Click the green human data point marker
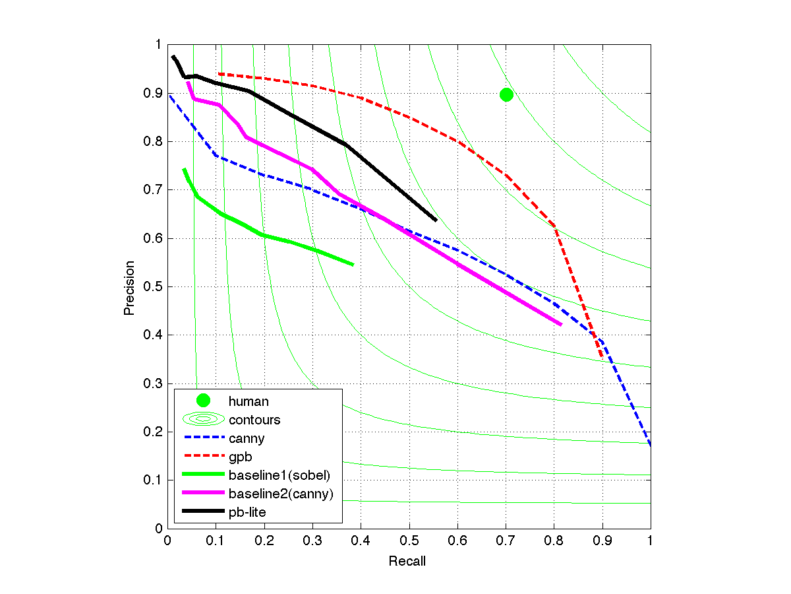(x=506, y=94)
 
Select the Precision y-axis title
(x=130, y=288)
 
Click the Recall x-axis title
(x=407, y=562)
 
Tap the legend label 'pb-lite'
(x=247, y=511)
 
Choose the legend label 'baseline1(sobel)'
(x=278, y=475)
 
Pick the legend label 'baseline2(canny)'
(x=285, y=493)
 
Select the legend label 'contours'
(x=254, y=419)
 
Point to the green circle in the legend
(x=203, y=400)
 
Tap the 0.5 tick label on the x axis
(x=409, y=541)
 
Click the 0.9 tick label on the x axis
(x=602, y=541)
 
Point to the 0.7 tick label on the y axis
(x=154, y=190)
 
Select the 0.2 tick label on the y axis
(x=154, y=432)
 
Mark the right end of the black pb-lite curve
(x=436, y=220)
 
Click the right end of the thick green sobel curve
(x=353, y=265)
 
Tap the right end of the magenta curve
(x=560, y=324)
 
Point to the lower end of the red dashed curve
(x=601, y=357)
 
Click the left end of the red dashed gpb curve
(x=219, y=73)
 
